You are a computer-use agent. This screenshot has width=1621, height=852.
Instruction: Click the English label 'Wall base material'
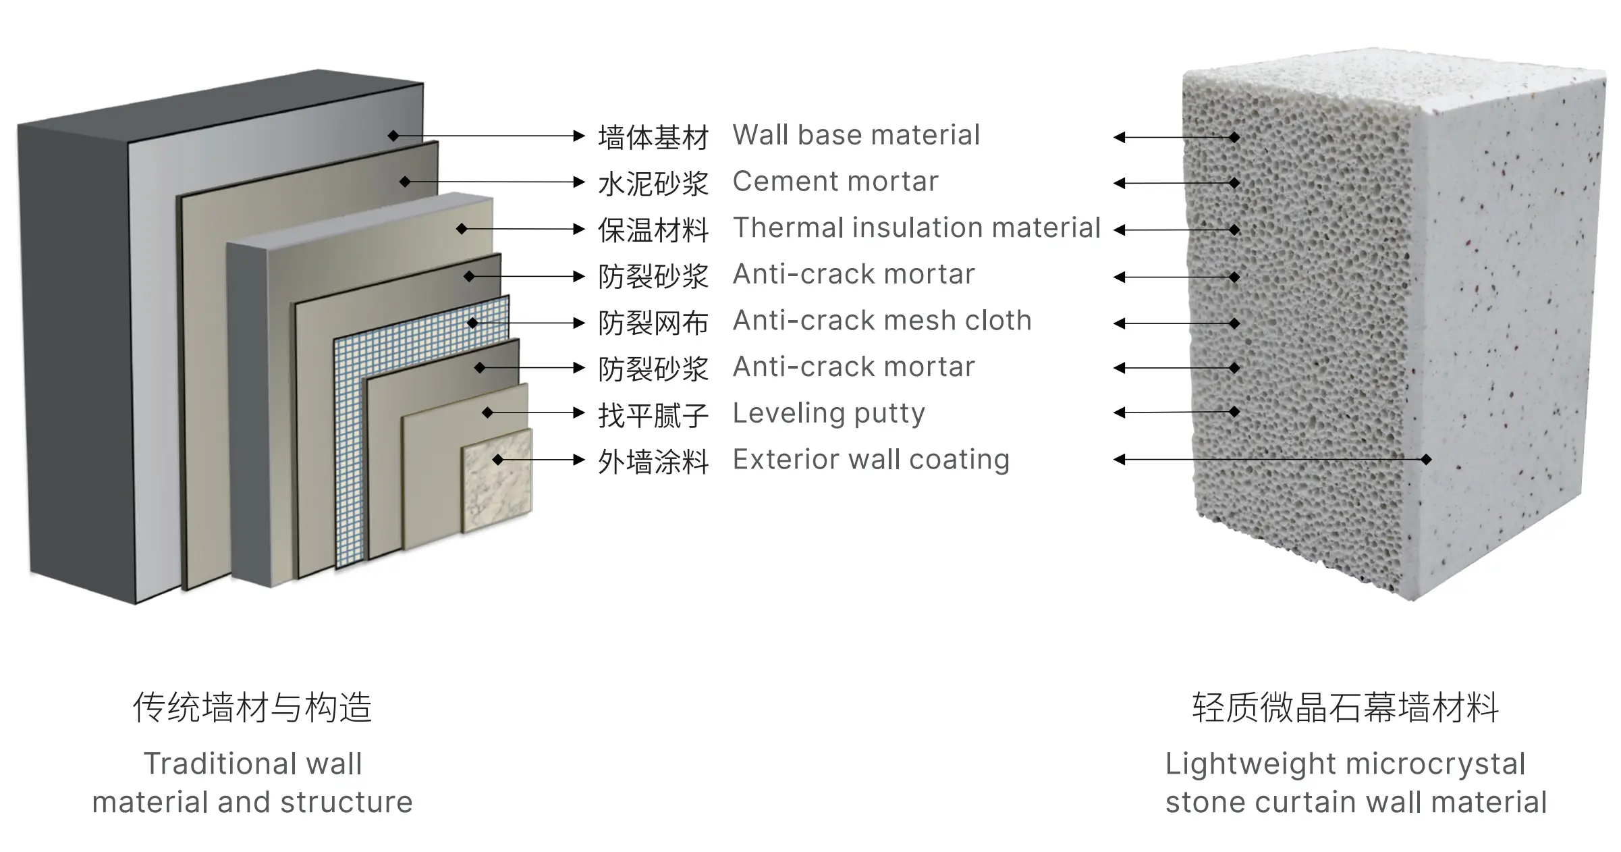point(856,135)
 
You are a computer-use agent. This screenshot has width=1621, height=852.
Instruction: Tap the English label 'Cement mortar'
point(835,182)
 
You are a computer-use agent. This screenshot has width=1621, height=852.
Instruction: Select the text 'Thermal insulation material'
point(916,228)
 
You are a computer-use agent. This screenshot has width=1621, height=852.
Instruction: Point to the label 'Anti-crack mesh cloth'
point(882,321)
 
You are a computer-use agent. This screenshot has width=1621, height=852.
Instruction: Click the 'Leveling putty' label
point(829,413)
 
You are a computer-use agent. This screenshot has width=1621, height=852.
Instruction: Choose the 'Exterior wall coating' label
point(871,460)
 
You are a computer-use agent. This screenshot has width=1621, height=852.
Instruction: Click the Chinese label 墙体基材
point(653,137)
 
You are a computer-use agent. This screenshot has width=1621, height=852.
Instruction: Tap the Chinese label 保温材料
point(653,230)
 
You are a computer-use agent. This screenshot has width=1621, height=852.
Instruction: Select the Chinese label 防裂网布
point(653,323)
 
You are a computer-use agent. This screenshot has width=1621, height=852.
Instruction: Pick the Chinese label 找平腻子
point(653,415)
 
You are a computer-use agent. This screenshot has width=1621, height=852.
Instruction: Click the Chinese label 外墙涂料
point(653,462)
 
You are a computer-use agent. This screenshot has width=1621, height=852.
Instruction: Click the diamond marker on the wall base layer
point(393,136)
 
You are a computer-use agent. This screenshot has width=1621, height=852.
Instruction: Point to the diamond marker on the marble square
point(498,460)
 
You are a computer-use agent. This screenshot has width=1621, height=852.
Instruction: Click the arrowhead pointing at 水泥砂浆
point(578,182)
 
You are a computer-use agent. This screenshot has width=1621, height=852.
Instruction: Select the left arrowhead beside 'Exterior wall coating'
point(1120,460)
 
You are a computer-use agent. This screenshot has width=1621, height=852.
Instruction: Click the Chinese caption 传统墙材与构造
point(252,708)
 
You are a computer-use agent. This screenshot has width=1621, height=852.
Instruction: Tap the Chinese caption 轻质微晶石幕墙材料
point(1346,708)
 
